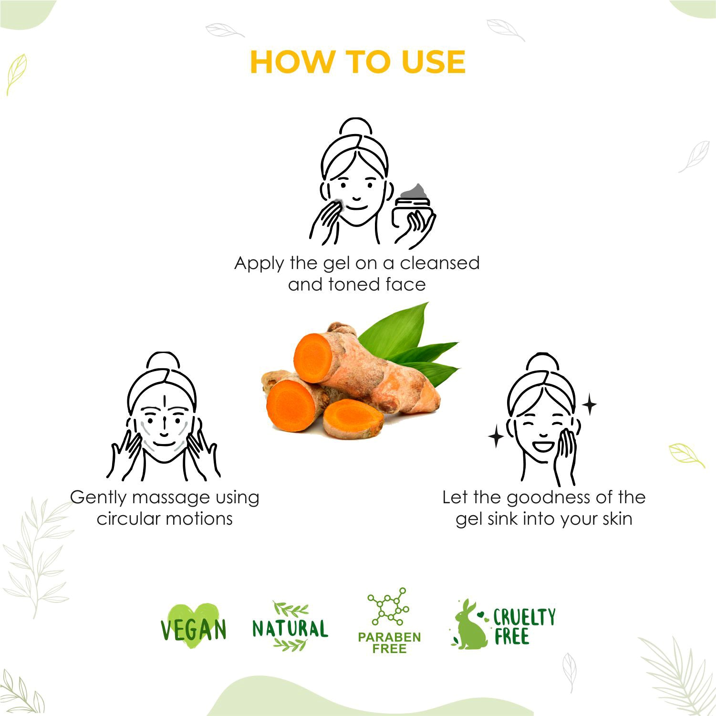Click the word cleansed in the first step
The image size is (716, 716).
[x=439, y=263]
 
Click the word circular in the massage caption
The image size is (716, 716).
[x=127, y=518]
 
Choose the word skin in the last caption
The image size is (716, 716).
[x=617, y=518]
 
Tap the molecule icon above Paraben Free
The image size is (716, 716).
[x=387, y=607]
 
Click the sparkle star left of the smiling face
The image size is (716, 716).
[x=496, y=437]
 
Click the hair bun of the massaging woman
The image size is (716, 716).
[x=164, y=362]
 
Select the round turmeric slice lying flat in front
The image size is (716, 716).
[x=353, y=416]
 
